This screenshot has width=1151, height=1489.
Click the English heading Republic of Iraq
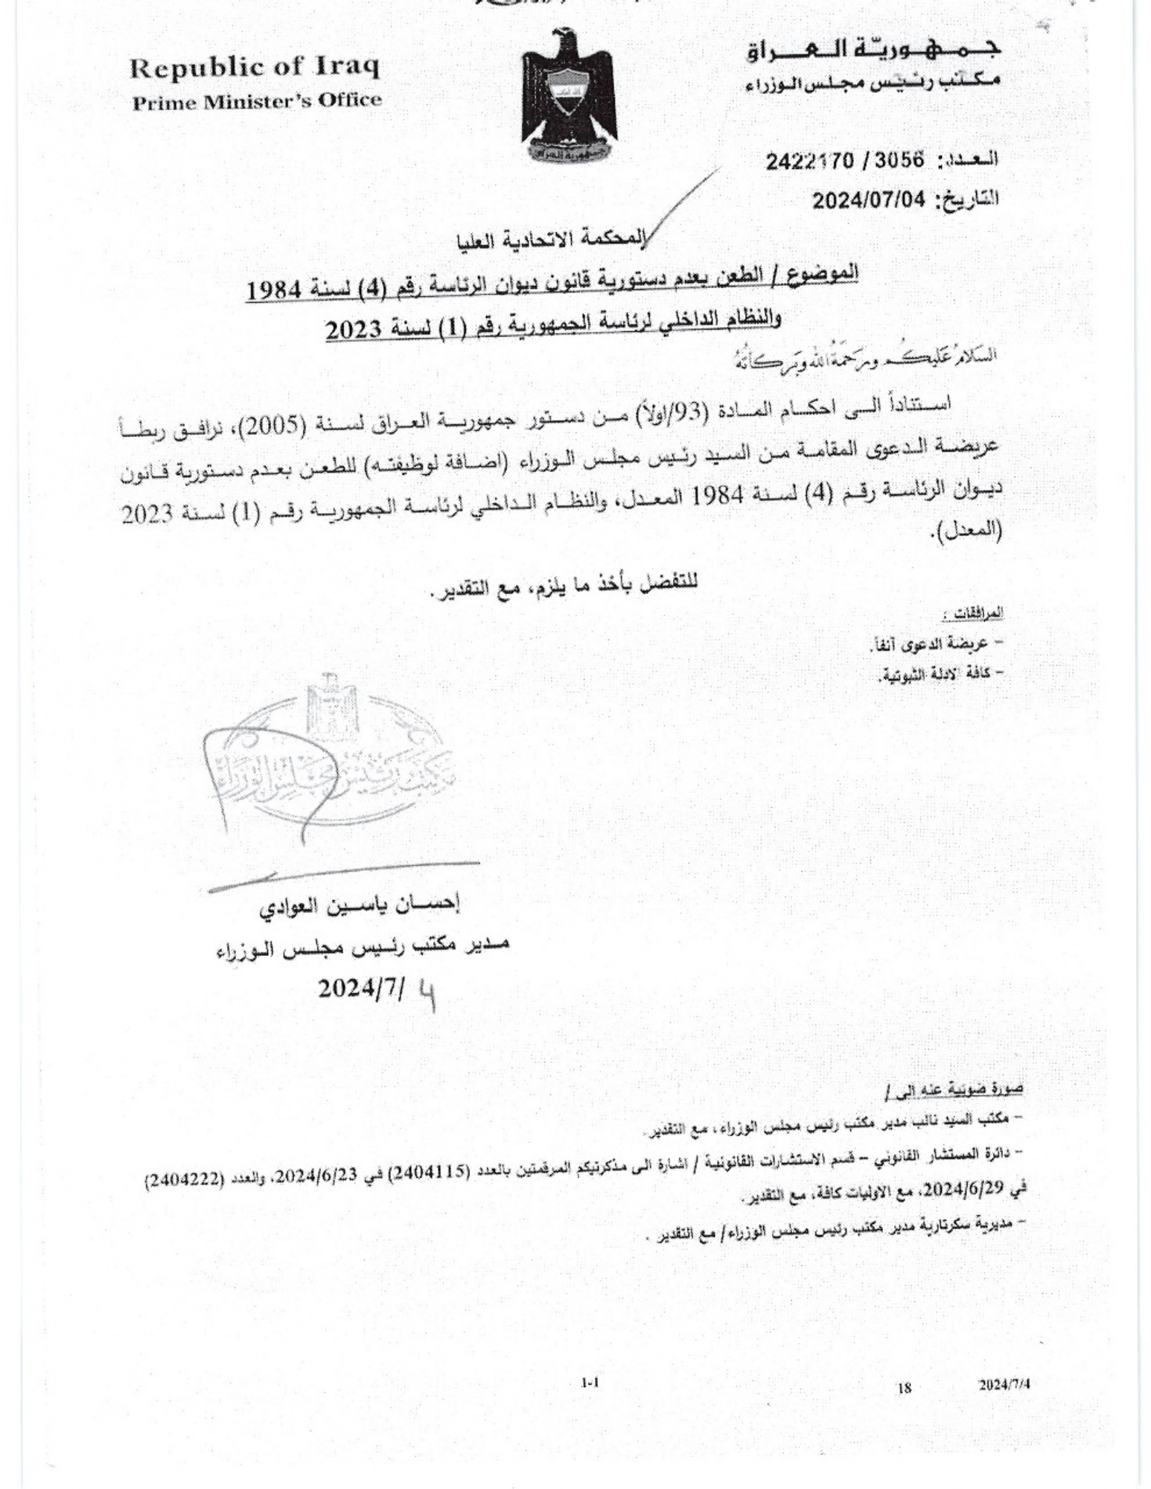coord(255,68)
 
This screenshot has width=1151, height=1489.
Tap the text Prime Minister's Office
coord(257,101)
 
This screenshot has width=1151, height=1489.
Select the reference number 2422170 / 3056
coord(845,160)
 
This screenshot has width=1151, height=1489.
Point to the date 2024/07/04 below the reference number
coord(868,200)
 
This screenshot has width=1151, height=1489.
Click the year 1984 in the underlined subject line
coord(278,290)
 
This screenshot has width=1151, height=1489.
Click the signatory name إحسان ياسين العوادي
coord(360,906)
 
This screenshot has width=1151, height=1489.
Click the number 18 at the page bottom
coord(905,1387)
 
